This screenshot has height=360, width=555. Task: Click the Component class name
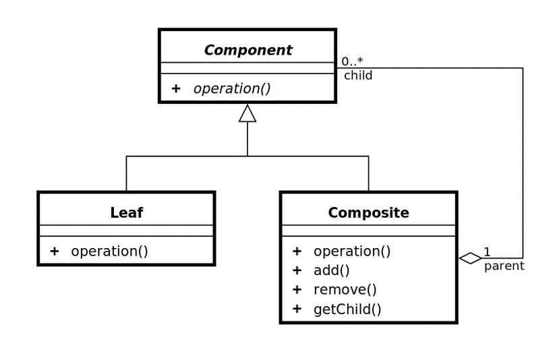[247, 51]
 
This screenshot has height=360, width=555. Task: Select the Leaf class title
[126, 213]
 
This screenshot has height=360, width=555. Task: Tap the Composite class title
[368, 213]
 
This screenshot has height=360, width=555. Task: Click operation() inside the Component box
[232, 89]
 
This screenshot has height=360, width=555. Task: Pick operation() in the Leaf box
[109, 251]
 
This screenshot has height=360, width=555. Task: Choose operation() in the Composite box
[351, 251]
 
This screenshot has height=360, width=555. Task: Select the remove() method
[345, 291]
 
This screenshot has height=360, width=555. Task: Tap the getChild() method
[347, 310]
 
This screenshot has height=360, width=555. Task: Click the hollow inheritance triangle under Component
[247, 114]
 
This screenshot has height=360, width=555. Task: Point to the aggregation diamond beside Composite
[470, 258]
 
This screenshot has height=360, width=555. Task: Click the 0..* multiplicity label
[352, 61]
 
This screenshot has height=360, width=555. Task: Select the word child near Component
[357, 76]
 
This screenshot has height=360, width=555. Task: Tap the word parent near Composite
[504, 266]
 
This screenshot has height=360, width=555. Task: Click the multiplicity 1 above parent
[487, 252]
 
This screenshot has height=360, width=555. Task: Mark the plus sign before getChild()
[297, 310]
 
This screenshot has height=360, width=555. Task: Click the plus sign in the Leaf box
[55, 251]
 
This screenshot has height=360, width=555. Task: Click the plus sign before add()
[297, 271]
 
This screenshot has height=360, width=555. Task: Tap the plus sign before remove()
[297, 291]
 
